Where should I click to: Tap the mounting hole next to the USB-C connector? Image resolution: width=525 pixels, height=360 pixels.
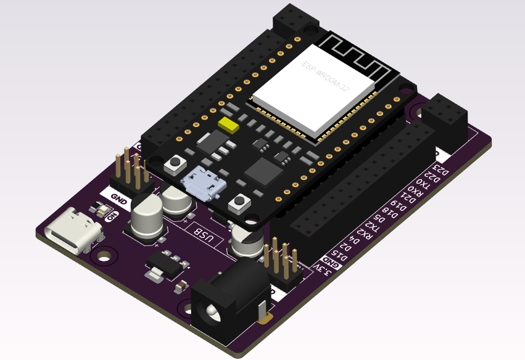coord(106,254)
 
